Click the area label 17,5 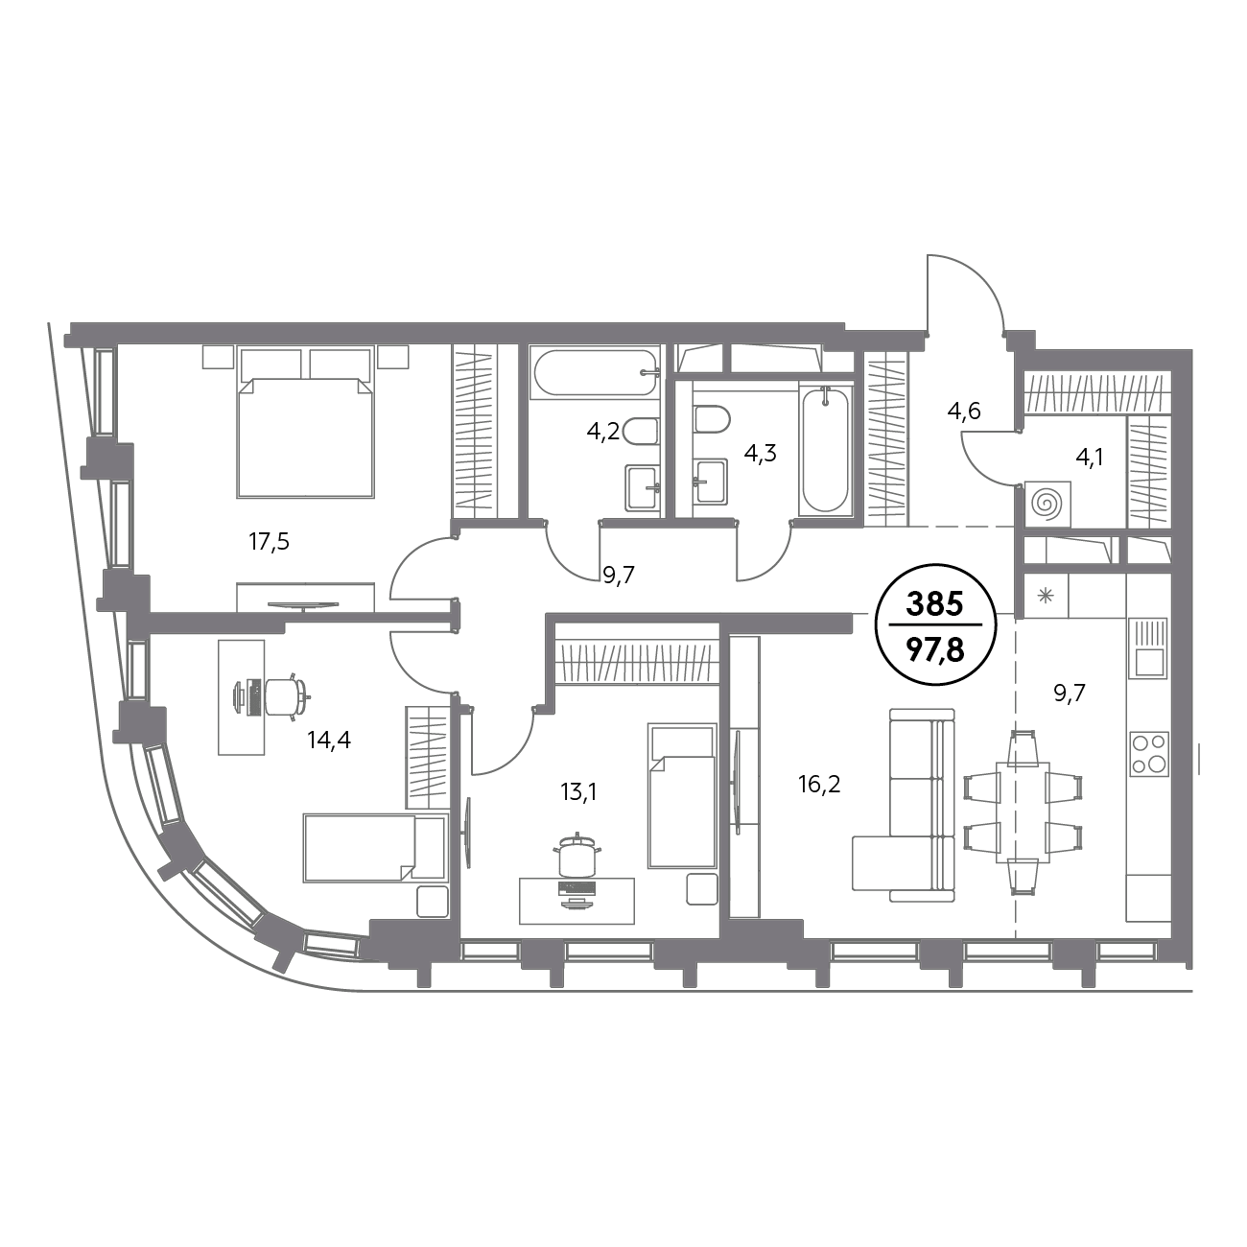tap(270, 542)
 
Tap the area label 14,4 tap(329, 740)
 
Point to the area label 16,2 tap(819, 785)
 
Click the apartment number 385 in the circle tap(934, 604)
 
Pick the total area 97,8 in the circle tap(935, 650)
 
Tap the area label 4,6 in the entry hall tap(964, 411)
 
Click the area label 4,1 tap(1089, 459)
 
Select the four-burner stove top tap(1148, 754)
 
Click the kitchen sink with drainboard tap(1148, 647)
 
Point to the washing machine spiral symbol tap(1047, 504)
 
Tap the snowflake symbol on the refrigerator tap(1046, 596)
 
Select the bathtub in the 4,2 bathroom tap(594, 373)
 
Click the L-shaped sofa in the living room tap(905, 805)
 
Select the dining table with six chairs tap(1022, 812)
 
